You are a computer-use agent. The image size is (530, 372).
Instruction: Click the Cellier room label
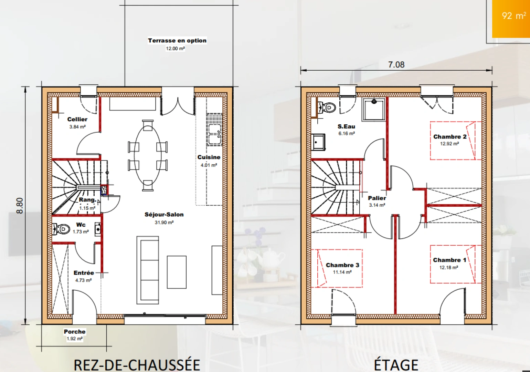(x=77, y=119)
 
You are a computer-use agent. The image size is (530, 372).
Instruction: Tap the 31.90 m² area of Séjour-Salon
(x=164, y=223)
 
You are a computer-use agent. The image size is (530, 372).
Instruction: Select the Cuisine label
(x=209, y=157)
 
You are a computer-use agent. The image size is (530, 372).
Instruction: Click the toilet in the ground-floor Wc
(x=61, y=229)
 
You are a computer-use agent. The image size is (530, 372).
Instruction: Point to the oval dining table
(x=148, y=155)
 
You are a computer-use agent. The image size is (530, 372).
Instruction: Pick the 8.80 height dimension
(x=20, y=206)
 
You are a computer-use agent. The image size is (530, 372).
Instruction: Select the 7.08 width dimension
(x=396, y=64)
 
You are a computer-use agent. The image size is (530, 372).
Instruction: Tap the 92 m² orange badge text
(x=514, y=15)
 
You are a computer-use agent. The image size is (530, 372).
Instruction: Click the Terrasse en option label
(x=177, y=41)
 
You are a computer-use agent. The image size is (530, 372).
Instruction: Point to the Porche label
(x=75, y=331)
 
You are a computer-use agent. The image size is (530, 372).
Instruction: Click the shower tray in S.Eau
(x=374, y=110)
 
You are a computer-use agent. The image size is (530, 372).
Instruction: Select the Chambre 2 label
(x=450, y=137)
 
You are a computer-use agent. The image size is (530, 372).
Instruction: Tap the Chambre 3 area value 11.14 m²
(x=342, y=272)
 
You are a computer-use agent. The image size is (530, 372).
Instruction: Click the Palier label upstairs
(x=377, y=198)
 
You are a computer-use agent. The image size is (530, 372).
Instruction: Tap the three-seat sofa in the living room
(x=148, y=270)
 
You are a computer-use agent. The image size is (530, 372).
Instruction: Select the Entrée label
(x=84, y=273)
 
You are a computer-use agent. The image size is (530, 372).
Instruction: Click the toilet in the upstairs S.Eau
(x=327, y=108)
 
